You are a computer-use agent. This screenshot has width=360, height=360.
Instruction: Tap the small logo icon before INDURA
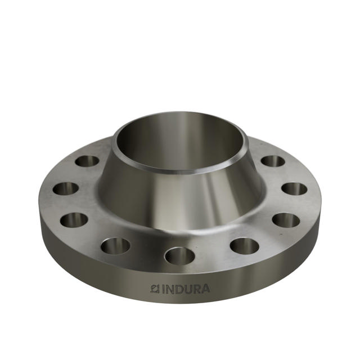point(155,289)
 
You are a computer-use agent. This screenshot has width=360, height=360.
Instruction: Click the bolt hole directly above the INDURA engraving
point(179,255)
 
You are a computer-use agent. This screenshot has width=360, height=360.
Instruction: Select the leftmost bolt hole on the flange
point(66,188)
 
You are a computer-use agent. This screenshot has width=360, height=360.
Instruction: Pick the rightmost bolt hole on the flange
point(294,188)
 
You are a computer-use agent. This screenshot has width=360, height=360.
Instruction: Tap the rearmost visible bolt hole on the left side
point(87,161)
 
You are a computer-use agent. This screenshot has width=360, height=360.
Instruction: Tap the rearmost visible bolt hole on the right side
point(273,161)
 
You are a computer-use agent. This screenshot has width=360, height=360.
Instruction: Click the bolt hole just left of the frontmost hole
point(116,245)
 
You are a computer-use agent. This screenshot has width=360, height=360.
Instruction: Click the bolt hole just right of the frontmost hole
point(244,245)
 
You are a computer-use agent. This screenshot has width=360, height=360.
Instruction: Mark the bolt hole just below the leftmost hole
point(74,219)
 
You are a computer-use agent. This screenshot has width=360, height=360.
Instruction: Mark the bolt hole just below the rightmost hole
point(286,219)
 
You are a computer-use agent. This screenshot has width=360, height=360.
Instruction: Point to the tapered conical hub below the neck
point(180,194)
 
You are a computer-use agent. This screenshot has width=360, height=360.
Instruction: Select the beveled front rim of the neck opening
point(180,169)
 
